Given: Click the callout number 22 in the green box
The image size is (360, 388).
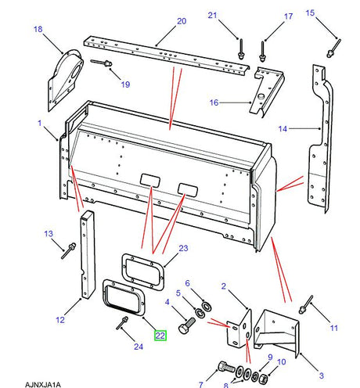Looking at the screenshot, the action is (x=160, y=336).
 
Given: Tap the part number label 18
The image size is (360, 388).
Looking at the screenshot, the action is (x=38, y=29).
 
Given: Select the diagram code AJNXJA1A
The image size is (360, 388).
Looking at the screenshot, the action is (x=43, y=385).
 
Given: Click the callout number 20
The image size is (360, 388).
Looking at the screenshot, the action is (x=182, y=21).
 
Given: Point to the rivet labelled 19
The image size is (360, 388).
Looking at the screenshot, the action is (x=101, y=63).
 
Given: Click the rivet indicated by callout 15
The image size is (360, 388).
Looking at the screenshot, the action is (x=334, y=48).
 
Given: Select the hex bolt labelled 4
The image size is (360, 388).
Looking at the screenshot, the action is (x=187, y=325).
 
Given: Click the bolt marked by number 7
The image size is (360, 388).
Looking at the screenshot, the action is (x=227, y=368).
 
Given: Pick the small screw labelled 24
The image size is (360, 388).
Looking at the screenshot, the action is (x=122, y=323).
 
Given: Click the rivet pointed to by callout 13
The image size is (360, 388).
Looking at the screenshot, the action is (x=69, y=250).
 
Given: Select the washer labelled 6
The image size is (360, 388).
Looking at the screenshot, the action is (x=207, y=307).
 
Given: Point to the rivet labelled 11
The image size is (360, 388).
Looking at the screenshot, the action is (x=306, y=304).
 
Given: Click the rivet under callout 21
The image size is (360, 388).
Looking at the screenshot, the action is (x=241, y=49).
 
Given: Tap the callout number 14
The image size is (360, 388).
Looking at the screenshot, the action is (x=283, y=128).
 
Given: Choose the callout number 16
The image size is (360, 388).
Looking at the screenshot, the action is (x=214, y=102).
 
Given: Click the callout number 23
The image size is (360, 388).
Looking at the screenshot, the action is (x=183, y=248).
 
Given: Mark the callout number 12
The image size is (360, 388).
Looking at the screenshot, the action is (x=60, y=320).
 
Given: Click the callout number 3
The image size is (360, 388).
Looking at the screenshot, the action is (x=322, y=375).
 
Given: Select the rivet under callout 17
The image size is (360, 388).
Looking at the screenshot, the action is (x=262, y=52).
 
